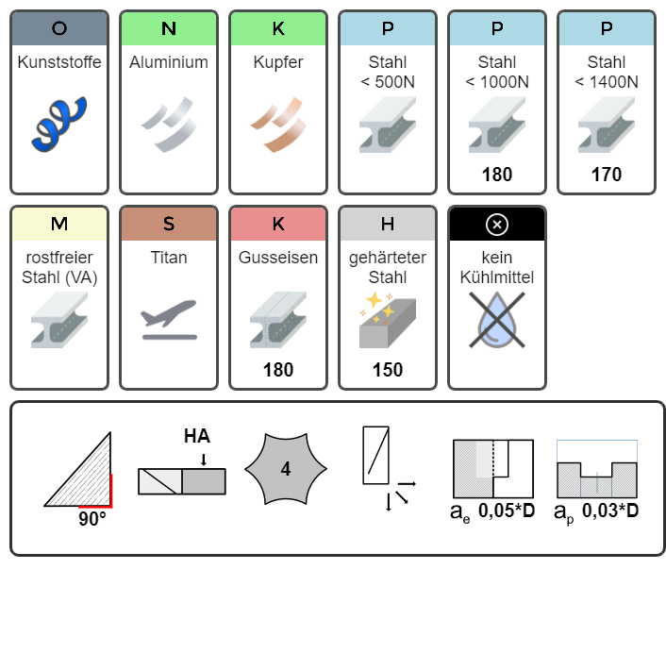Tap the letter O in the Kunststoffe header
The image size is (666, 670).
tap(59, 28)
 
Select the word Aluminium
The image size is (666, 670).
tap(169, 62)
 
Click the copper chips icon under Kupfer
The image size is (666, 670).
tap(278, 124)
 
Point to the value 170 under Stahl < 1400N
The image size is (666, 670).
tap(607, 175)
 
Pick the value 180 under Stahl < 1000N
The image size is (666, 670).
tap(497, 175)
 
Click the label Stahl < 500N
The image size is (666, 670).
tap(388, 72)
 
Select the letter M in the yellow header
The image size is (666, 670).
tap(59, 224)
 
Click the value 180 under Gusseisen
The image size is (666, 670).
tap(278, 370)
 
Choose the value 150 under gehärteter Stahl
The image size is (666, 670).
tap(388, 370)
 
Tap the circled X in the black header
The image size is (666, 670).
tap(497, 224)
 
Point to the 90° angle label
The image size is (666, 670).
tap(92, 518)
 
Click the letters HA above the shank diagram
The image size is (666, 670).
tap(197, 436)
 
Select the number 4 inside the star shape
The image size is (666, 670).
tap(285, 469)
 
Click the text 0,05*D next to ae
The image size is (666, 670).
tap(506, 511)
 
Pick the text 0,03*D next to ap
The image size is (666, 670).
tap(609, 511)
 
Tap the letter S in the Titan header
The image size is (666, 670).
tap(169, 224)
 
